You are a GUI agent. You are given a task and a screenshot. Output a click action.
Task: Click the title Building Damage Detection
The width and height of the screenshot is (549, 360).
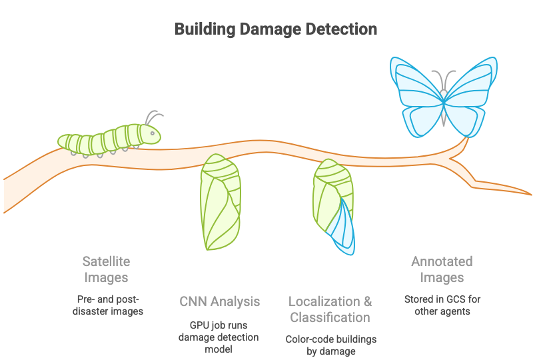pos(276,30)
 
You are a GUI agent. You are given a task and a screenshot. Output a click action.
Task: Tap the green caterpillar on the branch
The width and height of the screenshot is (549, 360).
pos(110,138)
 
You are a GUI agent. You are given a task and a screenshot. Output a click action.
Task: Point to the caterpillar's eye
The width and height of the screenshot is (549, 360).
pos(153,133)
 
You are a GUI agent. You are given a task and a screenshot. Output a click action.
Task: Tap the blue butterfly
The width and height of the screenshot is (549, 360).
pos(444,97)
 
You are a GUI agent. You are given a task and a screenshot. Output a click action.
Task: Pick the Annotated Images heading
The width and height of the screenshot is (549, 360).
pos(442,269)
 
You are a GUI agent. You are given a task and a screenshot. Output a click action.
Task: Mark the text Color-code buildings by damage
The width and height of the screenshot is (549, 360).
pos(330,345)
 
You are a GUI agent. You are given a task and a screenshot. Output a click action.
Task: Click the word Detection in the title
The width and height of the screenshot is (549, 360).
pos(340,30)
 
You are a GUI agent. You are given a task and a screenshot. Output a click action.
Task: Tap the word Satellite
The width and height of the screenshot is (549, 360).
pos(106,261)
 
